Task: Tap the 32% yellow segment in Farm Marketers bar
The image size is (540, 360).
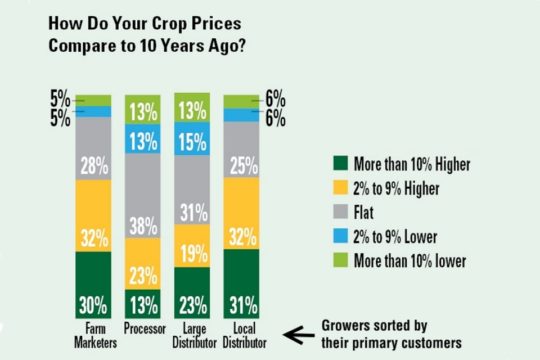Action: point(93,215)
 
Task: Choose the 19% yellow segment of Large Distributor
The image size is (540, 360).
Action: point(193,246)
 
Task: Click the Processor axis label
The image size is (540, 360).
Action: point(143,327)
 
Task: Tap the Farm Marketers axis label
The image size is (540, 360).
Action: point(93,333)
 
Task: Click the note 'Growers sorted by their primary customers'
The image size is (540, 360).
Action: point(388,334)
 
